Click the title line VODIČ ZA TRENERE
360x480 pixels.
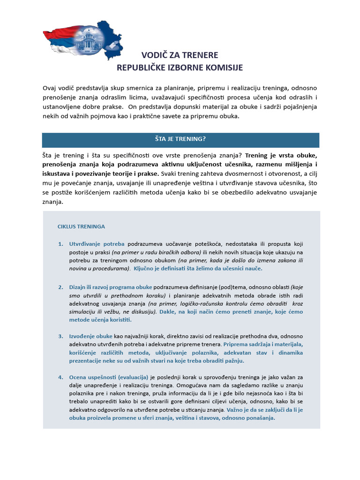[180, 55]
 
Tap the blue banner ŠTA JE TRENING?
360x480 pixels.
[180, 140]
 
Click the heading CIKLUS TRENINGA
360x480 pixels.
[81, 226]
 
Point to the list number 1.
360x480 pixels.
[60, 244]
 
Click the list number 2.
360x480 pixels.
[60, 287]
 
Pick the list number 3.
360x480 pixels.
[60, 336]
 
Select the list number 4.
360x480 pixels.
[60, 377]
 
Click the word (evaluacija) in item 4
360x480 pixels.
[133, 377]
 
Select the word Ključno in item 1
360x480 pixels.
[144, 269]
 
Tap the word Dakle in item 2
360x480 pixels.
[168, 311]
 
